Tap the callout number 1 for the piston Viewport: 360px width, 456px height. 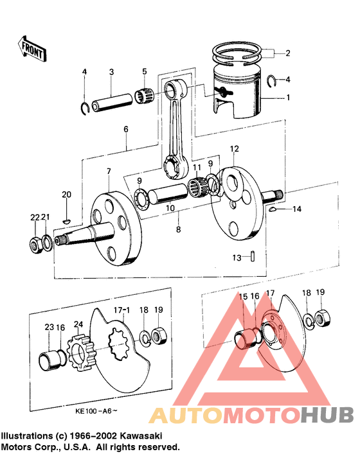click(288, 98)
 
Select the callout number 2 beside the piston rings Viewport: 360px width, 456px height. click(288, 53)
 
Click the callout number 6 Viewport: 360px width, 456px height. click(126, 129)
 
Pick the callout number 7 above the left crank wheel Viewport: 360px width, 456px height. click(109, 171)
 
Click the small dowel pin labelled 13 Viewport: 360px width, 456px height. click(255, 255)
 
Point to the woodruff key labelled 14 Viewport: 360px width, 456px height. click(274, 209)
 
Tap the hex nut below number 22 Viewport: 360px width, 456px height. click(36, 244)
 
